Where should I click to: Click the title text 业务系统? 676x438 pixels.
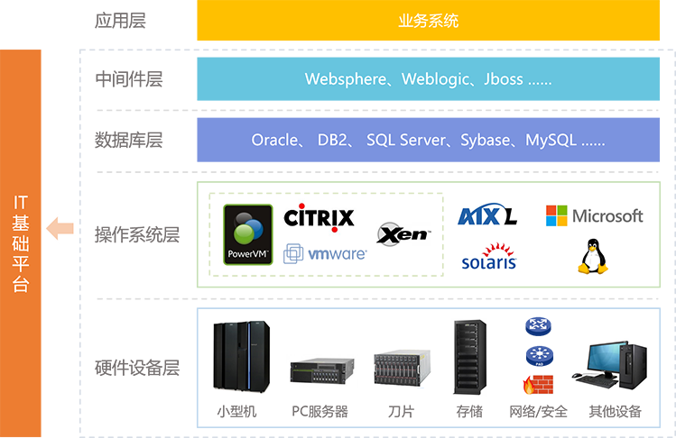(428, 21)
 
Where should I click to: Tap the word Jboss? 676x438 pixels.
(504, 79)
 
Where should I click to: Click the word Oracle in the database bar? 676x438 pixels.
(274, 141)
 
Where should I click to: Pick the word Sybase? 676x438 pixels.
(486, 141)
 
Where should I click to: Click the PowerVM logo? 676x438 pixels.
(248, 233)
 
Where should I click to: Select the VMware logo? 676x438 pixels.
(325, 254)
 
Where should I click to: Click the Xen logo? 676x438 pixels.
(403, 235)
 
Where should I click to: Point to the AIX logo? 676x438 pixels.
(487, 217)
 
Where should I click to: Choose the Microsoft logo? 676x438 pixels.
(594, 216)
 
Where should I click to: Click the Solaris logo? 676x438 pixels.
(488, 256)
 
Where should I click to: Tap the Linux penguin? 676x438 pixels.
(592, 256)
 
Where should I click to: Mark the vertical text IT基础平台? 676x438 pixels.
(22, 243)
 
